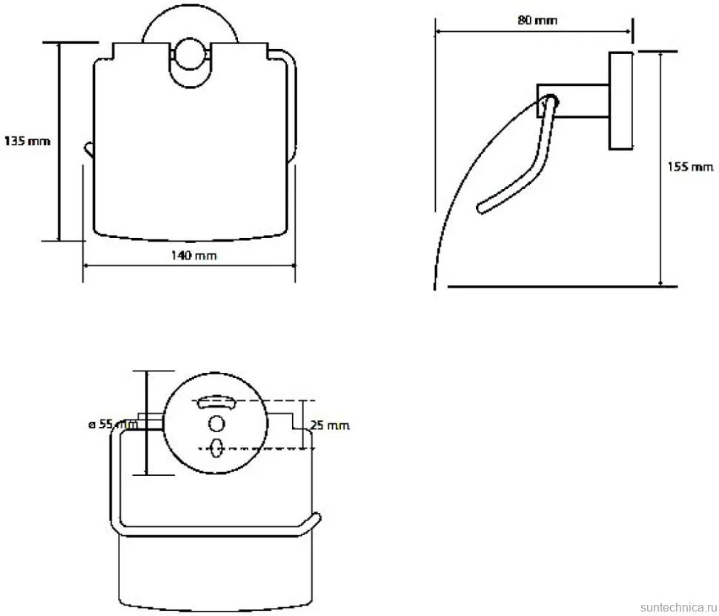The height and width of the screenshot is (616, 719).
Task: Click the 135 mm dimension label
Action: [27, 141]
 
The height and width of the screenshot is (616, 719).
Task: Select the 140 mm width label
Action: [194, 256]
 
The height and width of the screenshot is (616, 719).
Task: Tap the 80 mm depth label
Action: [537, 20]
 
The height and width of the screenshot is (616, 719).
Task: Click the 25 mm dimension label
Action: [330, 425]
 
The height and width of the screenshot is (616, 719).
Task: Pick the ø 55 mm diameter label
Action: [113, 424]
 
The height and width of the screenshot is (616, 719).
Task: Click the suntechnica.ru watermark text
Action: [678, 607]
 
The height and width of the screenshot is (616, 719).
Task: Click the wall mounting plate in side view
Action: [621, 101]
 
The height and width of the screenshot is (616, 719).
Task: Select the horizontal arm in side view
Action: [573, 101]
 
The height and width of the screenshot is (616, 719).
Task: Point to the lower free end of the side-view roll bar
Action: [481, 208]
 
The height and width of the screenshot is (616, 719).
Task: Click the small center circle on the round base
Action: [216, 423]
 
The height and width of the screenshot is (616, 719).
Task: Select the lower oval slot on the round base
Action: [216, 448]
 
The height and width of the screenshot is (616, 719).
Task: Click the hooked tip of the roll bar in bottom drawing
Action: [317, 518]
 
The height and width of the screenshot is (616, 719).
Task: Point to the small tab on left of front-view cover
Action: [88, 150]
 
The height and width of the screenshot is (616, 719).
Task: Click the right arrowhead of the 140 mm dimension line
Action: [292, 265]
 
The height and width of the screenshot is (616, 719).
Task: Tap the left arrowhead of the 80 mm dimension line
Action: [438, 32]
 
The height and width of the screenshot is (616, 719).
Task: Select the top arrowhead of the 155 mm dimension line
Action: [660, 56]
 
